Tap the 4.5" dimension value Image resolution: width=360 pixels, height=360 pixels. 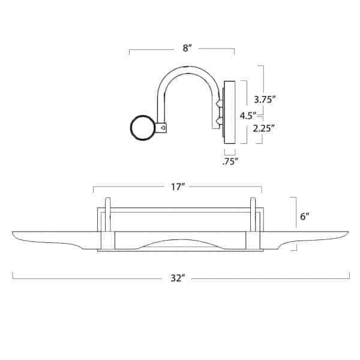click(247, 114)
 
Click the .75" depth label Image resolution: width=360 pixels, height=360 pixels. click(230, 160)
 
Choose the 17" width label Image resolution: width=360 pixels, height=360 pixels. click(177, 188)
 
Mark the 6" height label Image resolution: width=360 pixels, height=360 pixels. click(304, 217)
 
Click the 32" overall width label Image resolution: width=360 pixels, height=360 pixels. click(177, 277)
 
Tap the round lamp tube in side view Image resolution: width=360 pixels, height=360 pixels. click(142, 127)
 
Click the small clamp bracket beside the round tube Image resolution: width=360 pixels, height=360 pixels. click(163, 127)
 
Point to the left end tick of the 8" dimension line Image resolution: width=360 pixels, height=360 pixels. click(130, 52)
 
